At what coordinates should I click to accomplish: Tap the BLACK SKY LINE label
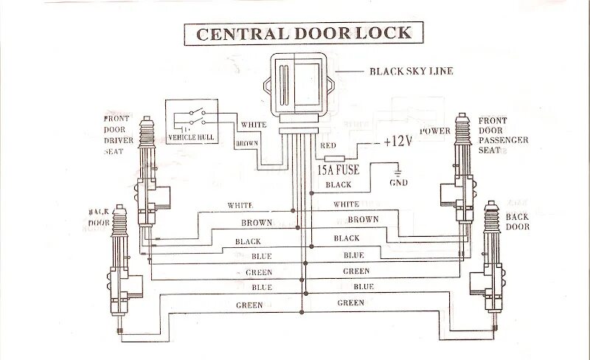point(410,72)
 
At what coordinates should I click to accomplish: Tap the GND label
point(398,182)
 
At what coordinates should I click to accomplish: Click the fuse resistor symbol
point(335,158)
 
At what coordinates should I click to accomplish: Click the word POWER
point(434,131)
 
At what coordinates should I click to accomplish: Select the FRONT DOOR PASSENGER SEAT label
point(502,135)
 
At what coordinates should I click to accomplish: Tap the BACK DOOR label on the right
point(518,221)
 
